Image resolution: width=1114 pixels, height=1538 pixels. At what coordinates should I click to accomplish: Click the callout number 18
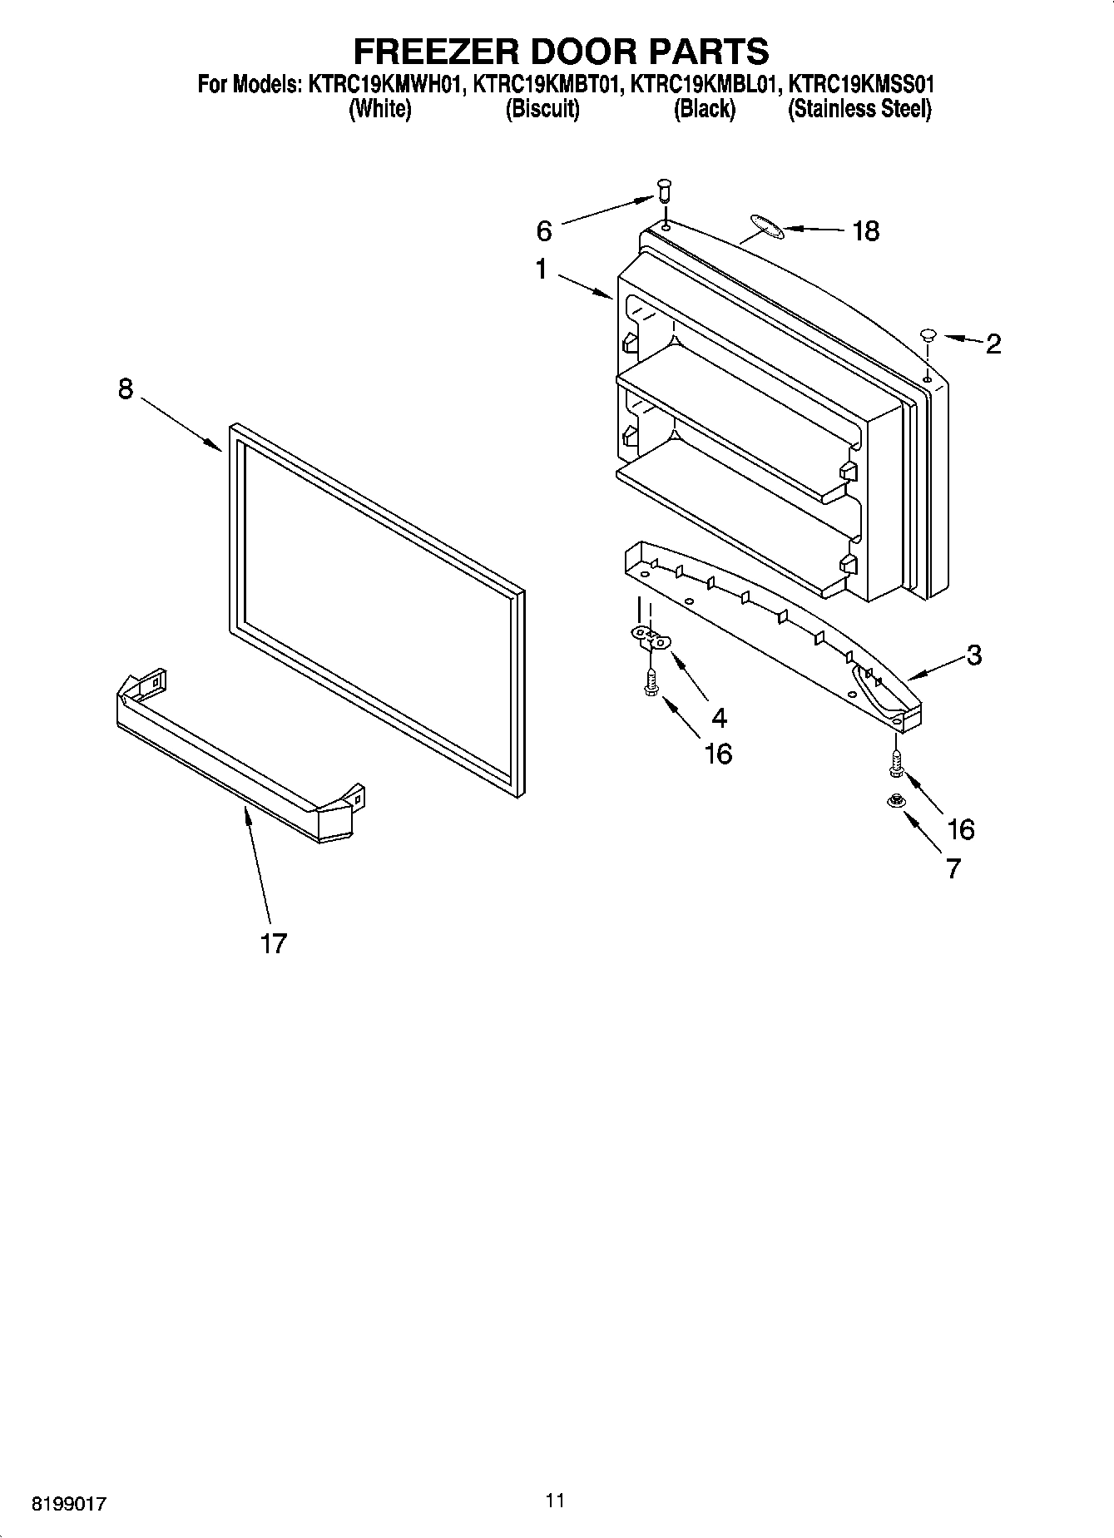[x=865, y=231]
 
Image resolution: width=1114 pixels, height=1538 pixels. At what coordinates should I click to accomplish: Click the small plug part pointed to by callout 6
[x=664, y=190]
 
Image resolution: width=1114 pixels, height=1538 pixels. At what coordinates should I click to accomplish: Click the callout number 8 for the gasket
[x=126, y=388]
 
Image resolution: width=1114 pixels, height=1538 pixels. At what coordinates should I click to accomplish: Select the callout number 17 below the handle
[x=273, y=943]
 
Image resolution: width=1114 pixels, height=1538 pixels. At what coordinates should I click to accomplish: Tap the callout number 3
[x=974, y=655]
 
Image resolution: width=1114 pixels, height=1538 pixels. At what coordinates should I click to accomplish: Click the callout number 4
[x=719, y=717]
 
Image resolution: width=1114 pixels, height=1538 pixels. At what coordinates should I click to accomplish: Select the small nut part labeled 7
[x=896, y=802]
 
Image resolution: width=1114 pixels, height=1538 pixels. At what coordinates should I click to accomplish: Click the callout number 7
[x=953, y=868]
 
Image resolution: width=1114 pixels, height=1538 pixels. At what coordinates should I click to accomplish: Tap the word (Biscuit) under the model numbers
[x=542, y=109]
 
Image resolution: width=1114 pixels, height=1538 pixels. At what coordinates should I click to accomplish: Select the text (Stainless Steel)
[x=859, y=109]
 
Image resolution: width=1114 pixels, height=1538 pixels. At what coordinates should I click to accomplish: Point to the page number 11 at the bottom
[x=556, y=1501]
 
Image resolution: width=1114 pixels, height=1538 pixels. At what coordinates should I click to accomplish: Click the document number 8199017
[x=69, y=1504]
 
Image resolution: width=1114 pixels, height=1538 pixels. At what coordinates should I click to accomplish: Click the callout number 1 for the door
[x=542, y=270]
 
